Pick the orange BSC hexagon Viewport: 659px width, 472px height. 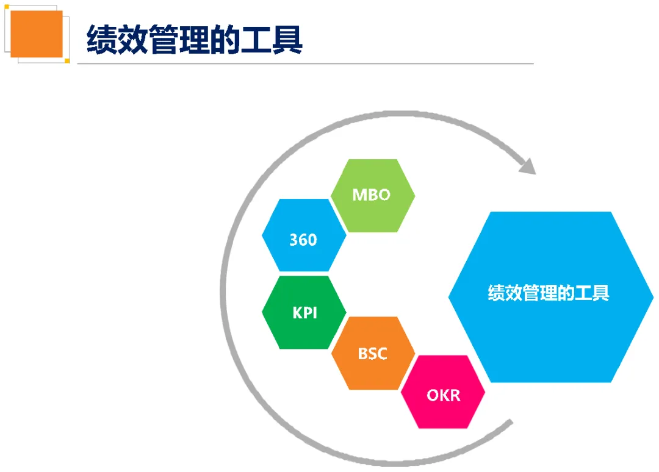pos(373,366)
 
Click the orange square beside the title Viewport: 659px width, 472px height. pos(37,34)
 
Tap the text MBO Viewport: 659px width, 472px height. pos(371,195)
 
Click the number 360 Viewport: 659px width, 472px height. pos(303,240)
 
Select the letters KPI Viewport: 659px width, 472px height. pos(304,313)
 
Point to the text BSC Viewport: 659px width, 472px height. pos(372,353)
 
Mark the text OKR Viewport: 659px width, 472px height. pos(444,395)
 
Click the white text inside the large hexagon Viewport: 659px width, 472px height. pos(549,293)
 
